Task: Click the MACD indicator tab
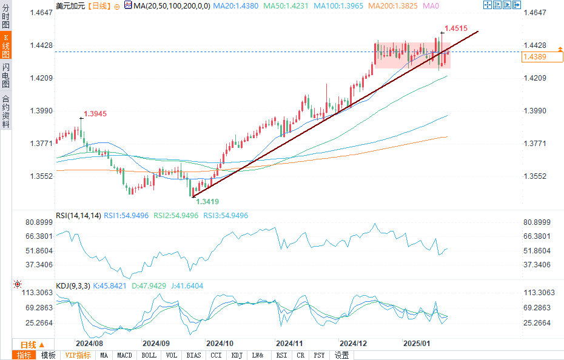[x=124, y=355]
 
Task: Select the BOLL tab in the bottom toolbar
[x=149, y=355]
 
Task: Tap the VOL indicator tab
[x=172, y=355]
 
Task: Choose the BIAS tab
[x=194, y=355]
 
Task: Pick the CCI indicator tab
[x=216, y=355]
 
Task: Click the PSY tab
[x=320, y=355]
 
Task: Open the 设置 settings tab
[x=342, y=355]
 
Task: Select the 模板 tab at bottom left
[x=48, y=355]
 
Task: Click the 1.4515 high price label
[x=455, y=28]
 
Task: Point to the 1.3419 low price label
[x=207, y=201]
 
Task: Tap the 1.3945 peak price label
[x=95, y=114]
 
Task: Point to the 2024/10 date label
[x=220, y=342]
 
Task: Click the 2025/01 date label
[x=417, y=342]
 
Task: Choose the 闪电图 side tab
[x=5, y=76]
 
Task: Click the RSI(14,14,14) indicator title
[x=78, y=215]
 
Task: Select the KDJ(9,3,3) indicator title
[x=73, y=285]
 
